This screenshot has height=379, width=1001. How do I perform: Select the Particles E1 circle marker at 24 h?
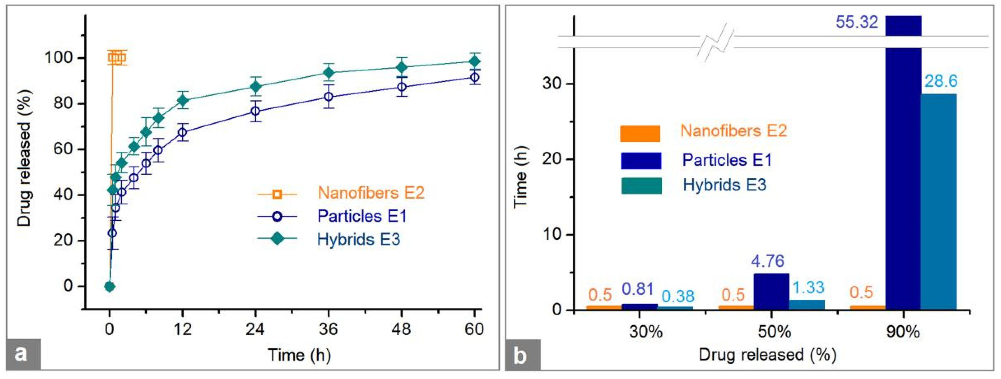click(x=255, y=111)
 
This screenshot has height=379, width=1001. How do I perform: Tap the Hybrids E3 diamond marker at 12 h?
click(x=183, y=101)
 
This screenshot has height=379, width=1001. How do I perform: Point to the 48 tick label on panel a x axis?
click(x=401, y=329)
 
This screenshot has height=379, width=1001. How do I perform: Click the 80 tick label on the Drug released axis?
click(x=63, y=104)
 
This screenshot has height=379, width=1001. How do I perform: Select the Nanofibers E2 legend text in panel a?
click(x=371, y=193)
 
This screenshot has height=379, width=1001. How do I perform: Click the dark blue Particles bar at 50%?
click(x=771, y=292)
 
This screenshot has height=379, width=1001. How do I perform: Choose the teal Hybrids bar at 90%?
click(x=939, y=202)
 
